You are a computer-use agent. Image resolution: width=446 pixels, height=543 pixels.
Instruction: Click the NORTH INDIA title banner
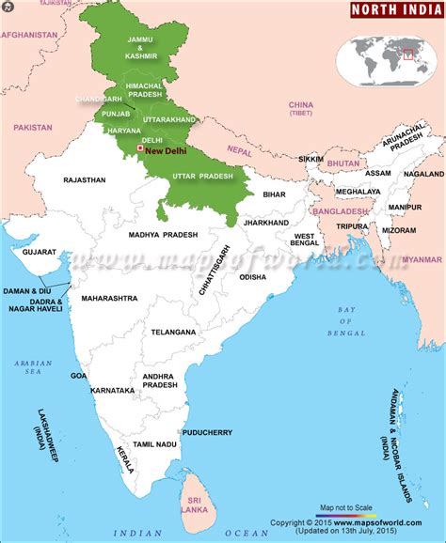coord(395,10)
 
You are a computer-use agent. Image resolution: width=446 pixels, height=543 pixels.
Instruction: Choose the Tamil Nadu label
coord(155,443)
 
